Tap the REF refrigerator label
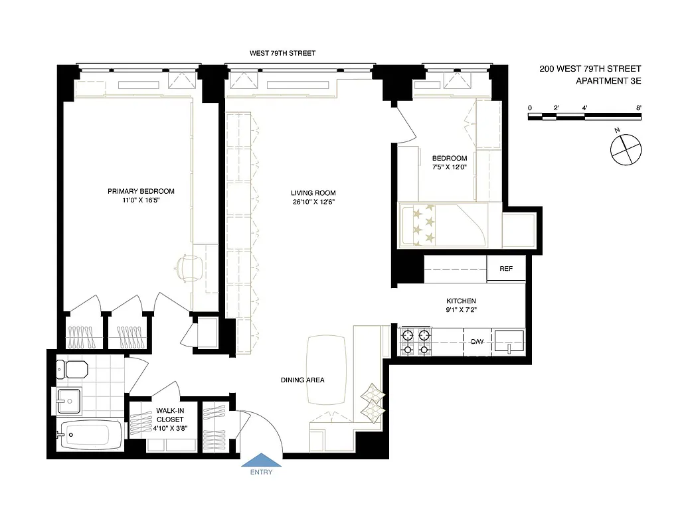[x=506, y=269]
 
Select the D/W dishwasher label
[x=477, y=342]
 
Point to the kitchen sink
[x=510, y=341]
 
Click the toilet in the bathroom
[x=72, y=368]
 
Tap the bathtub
[x=89, y=435]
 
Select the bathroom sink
[x=68, y=400]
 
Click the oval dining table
[x=326, y=369]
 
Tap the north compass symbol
[x=626, y=148]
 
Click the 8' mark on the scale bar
[x=638, y=108]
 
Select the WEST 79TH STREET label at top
[x=282, y=52]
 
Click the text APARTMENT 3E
[x=608, y=81]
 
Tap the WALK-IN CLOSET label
[x=170, y=415]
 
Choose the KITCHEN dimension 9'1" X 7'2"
[x=462, y=310]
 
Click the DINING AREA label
[x=302, y=380]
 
